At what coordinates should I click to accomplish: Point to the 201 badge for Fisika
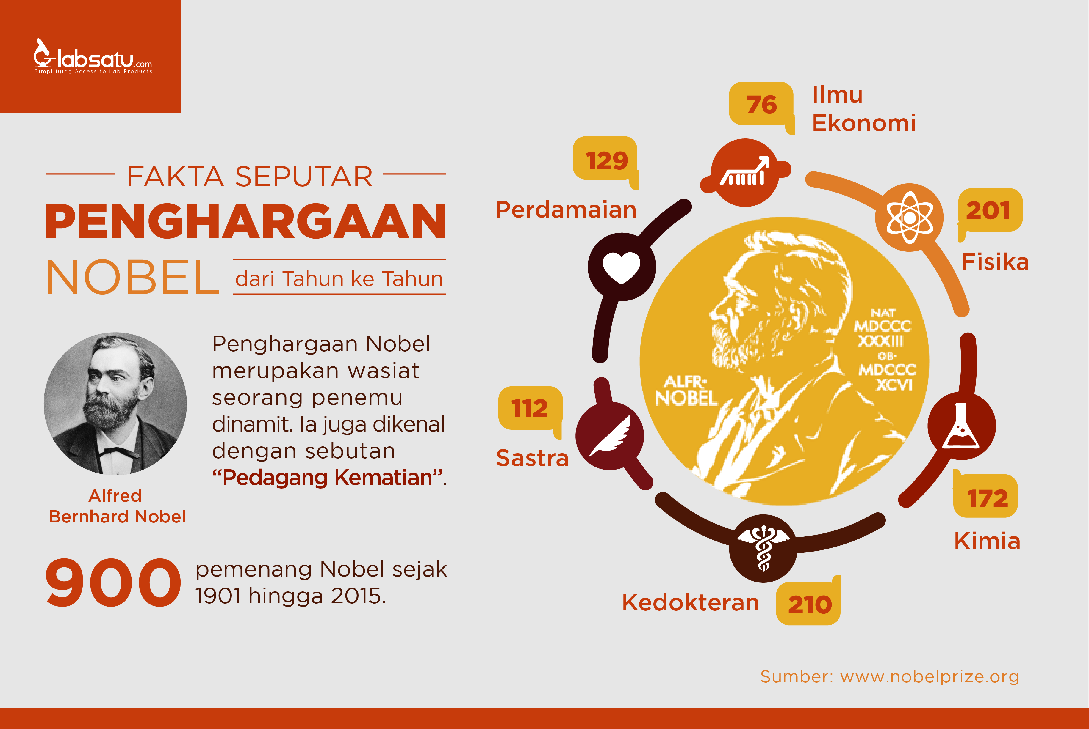point(989,210)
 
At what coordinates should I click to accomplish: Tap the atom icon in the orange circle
point(909,217)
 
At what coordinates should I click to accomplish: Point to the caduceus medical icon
point(763,548)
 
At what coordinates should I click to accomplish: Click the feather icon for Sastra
point(611,436)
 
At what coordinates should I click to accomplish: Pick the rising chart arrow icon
point(745,172)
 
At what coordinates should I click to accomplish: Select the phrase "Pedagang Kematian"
point(328,478)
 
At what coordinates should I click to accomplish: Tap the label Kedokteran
point(690,602)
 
